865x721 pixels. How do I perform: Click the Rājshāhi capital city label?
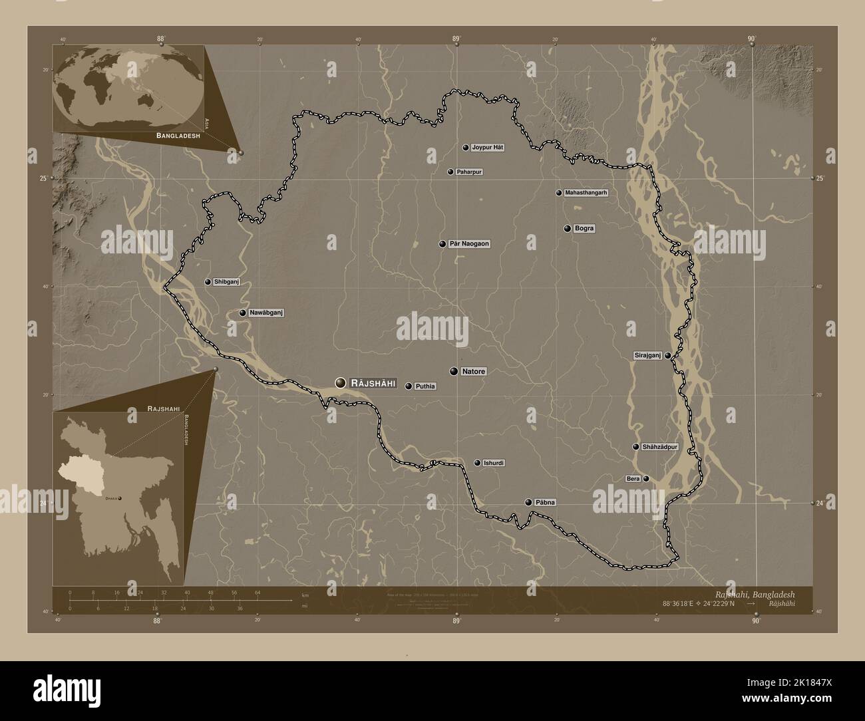pos(373,383)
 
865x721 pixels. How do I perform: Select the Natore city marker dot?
pos(454,371)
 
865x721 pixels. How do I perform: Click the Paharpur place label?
pos(469,172)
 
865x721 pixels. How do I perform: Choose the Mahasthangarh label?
pos(586,193)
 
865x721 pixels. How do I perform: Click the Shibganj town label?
pos(226,282)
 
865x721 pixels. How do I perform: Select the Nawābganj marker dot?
pos(243,313)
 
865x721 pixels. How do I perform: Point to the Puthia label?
pos(425,386)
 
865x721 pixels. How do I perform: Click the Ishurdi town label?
pos(494,463)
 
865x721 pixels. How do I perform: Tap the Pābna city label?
pos(545,502)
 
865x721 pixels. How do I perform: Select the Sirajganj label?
pos(647,356)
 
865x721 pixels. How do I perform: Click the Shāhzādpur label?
pos(660,447)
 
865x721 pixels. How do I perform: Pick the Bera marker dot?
pos(646,479)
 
